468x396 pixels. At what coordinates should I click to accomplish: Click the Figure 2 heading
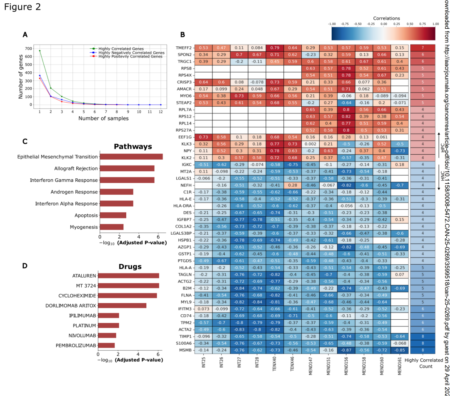23,7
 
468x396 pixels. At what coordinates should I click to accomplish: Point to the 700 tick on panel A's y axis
28,49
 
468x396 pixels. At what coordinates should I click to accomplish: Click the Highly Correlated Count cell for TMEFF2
422,48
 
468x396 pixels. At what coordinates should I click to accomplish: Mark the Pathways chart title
133,146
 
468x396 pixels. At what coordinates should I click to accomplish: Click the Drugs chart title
130,266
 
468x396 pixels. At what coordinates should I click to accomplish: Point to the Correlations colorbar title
386,18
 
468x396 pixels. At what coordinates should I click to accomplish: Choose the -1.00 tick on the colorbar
332,24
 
